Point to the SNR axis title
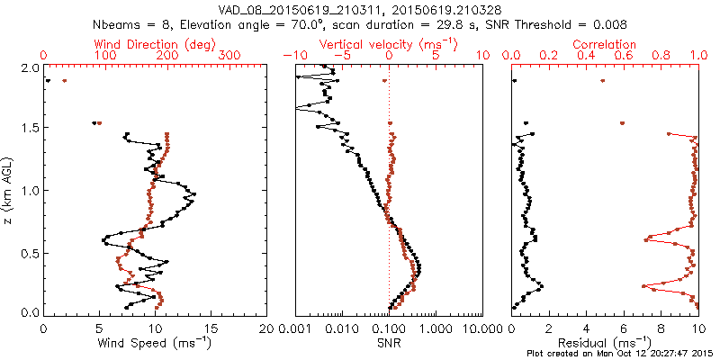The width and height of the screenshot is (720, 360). tap(389, 343)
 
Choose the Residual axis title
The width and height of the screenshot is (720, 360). tap(605, 343)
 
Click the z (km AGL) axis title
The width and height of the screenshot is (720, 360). tap(9, 190)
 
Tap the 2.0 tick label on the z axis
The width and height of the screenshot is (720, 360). tap(30, 68)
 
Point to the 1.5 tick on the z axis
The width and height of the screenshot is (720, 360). tap(30, 129)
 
